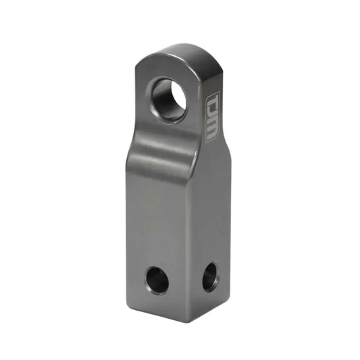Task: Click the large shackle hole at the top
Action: tap(167, 99)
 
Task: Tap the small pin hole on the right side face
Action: tap(211, 275)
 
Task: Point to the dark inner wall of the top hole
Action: tap(159, 101)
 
